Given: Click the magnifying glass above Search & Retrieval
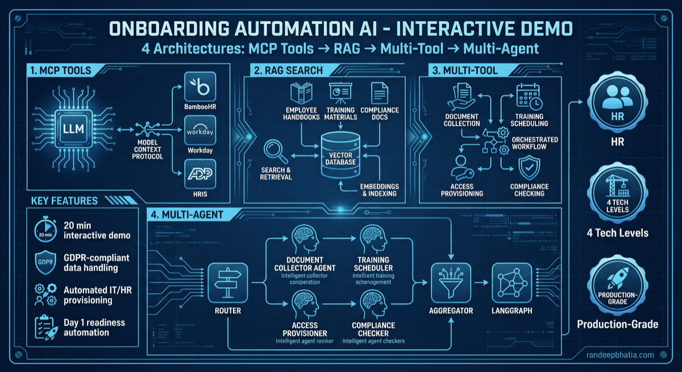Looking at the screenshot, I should coord(275,152).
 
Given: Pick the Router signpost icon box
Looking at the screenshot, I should coord(227,283).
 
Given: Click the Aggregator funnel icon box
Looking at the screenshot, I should coord(452,283).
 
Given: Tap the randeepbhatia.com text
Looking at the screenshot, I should coord(626,354).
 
